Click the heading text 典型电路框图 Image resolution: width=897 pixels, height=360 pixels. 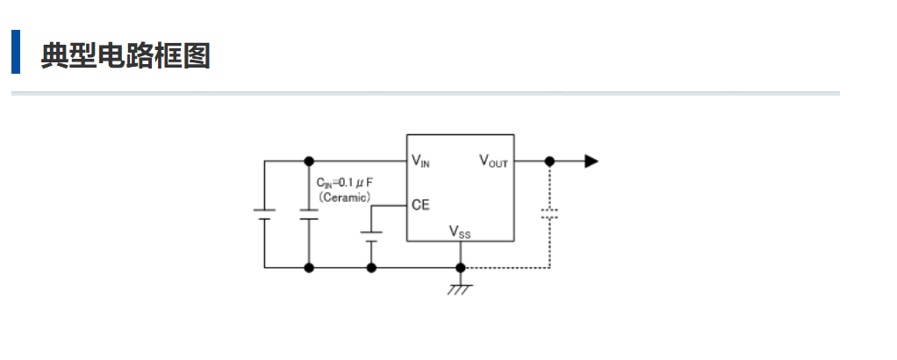[x=125, y=56]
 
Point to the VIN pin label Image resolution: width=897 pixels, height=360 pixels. [x=420, y=161]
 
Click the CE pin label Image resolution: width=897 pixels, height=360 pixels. [x=420, y=205]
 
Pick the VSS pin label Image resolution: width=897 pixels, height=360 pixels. [x=460, y=232]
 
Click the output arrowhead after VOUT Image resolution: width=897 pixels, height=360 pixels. [x=592, y=162]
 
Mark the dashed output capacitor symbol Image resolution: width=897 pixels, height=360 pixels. [x=549, y=213]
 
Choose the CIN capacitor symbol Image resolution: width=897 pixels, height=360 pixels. [x=308, y=214]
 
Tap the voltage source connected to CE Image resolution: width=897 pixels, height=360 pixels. [x=371, y=236]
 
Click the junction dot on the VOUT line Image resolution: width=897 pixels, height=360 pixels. [x=549, y=162]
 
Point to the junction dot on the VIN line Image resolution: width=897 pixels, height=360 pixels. [x=308, y=162]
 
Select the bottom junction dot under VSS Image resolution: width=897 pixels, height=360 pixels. [x=459, y=267]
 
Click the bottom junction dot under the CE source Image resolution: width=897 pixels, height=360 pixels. [x=371, y=267]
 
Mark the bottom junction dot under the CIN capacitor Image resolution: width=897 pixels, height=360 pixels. [x=308, y=267]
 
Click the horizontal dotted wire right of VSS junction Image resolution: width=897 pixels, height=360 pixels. [x=505, y=267]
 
